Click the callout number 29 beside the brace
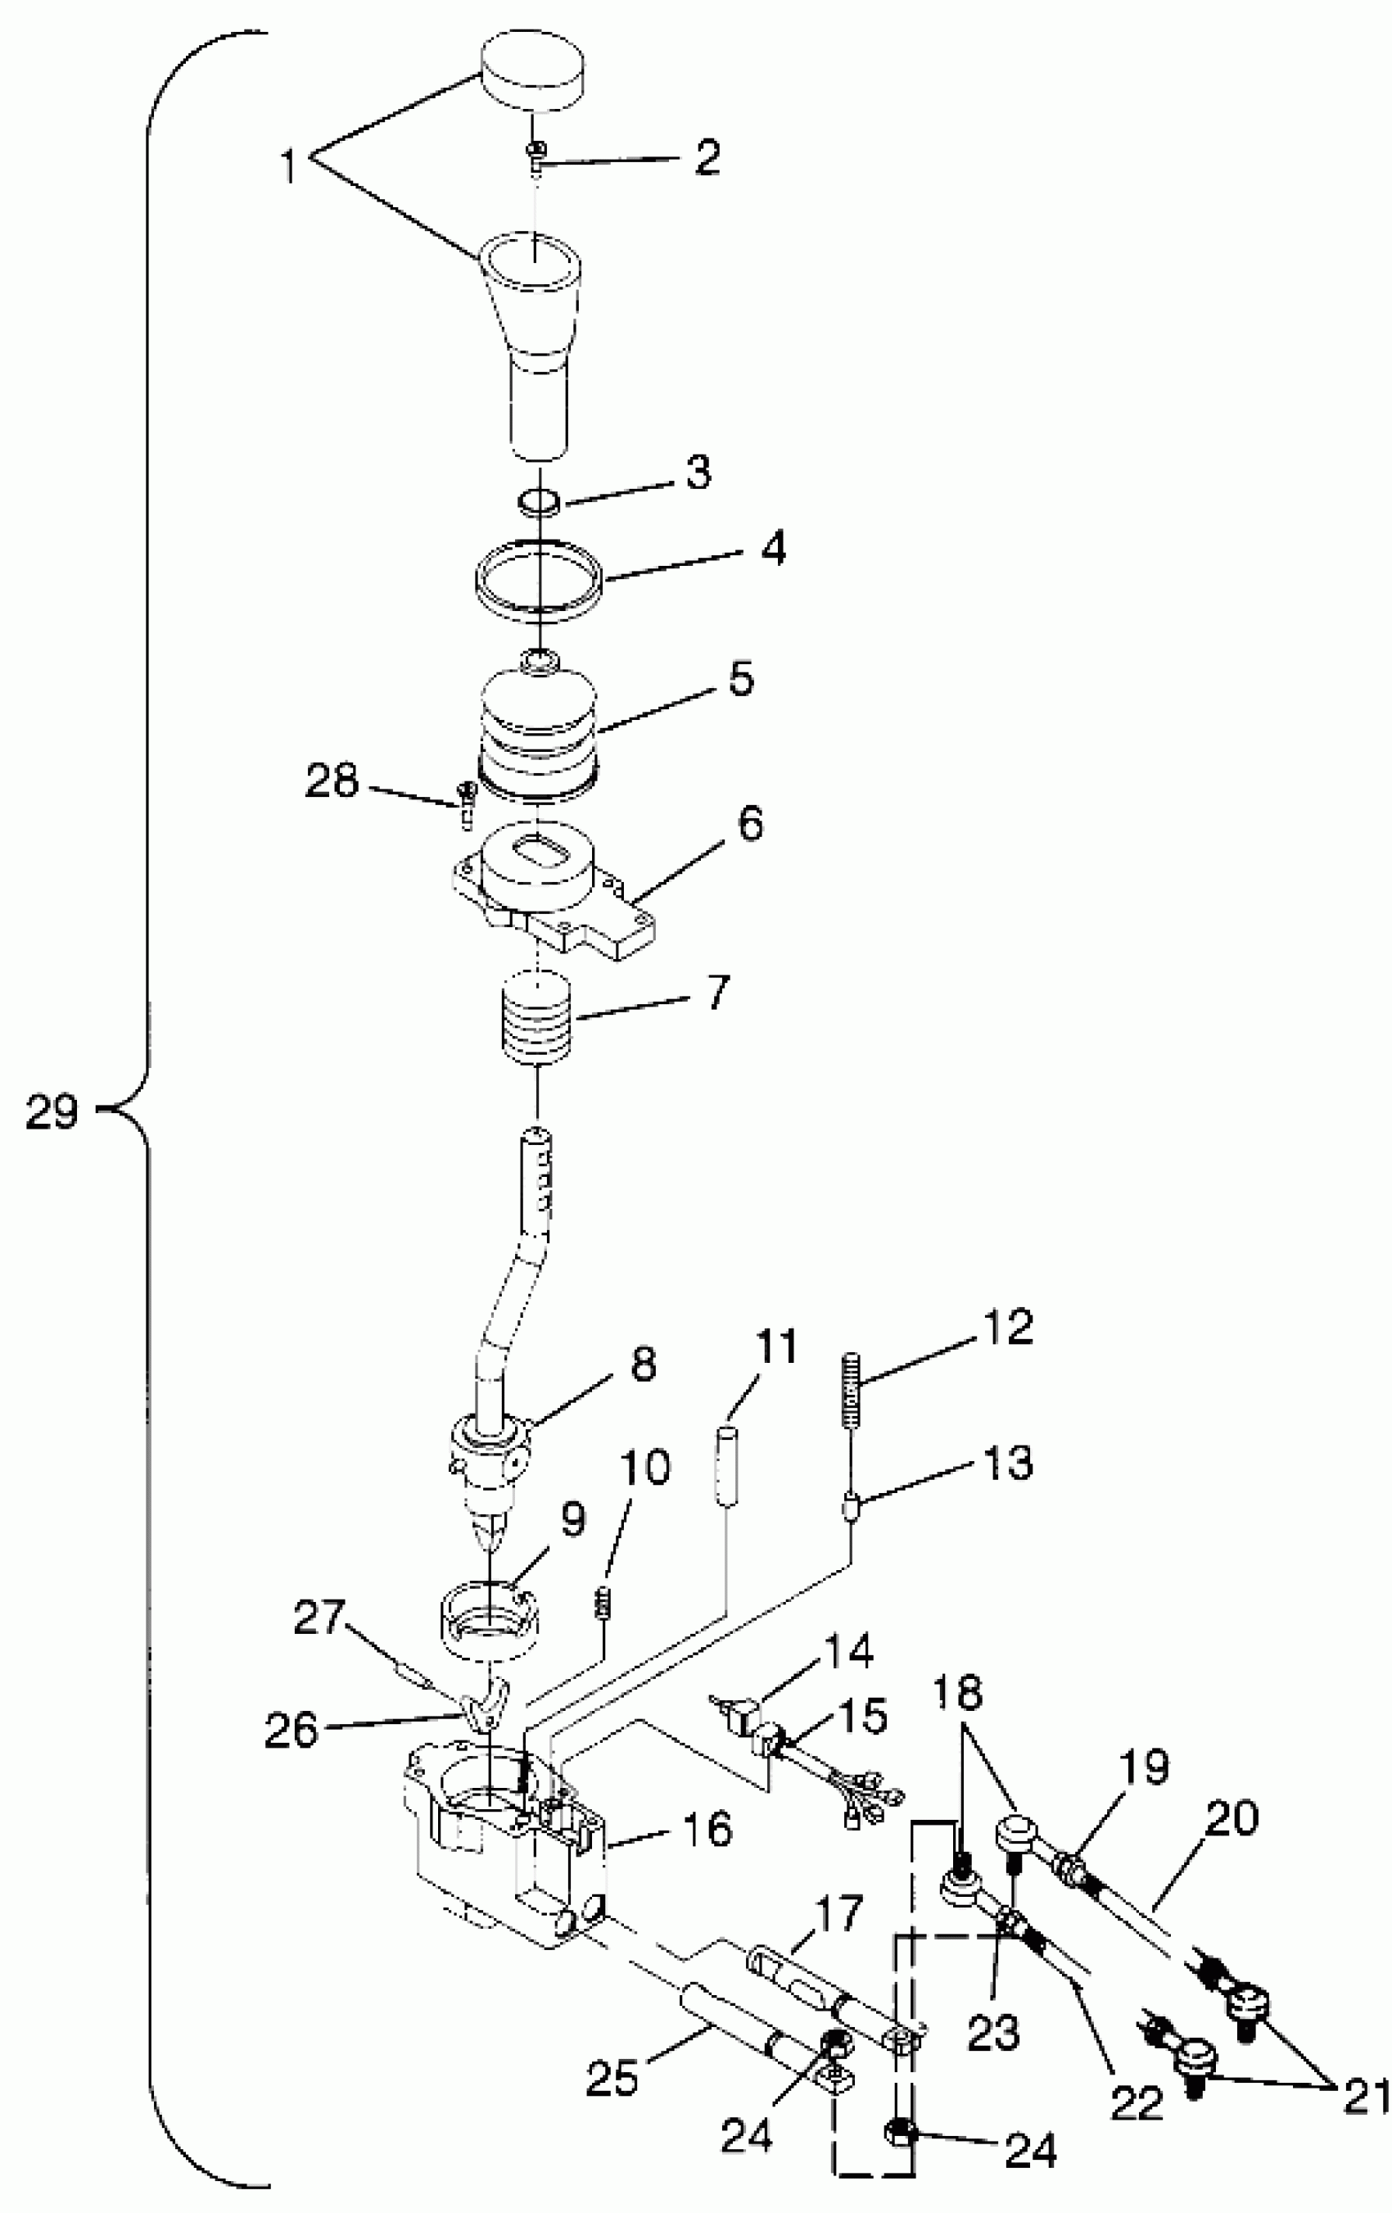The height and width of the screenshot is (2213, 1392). click(x=52, y=1113)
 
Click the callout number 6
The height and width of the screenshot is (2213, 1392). click(x=750, y=825)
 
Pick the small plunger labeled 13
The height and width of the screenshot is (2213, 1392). click(x=851, y=1508)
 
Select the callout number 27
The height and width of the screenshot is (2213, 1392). click(x=318, y=1618)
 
